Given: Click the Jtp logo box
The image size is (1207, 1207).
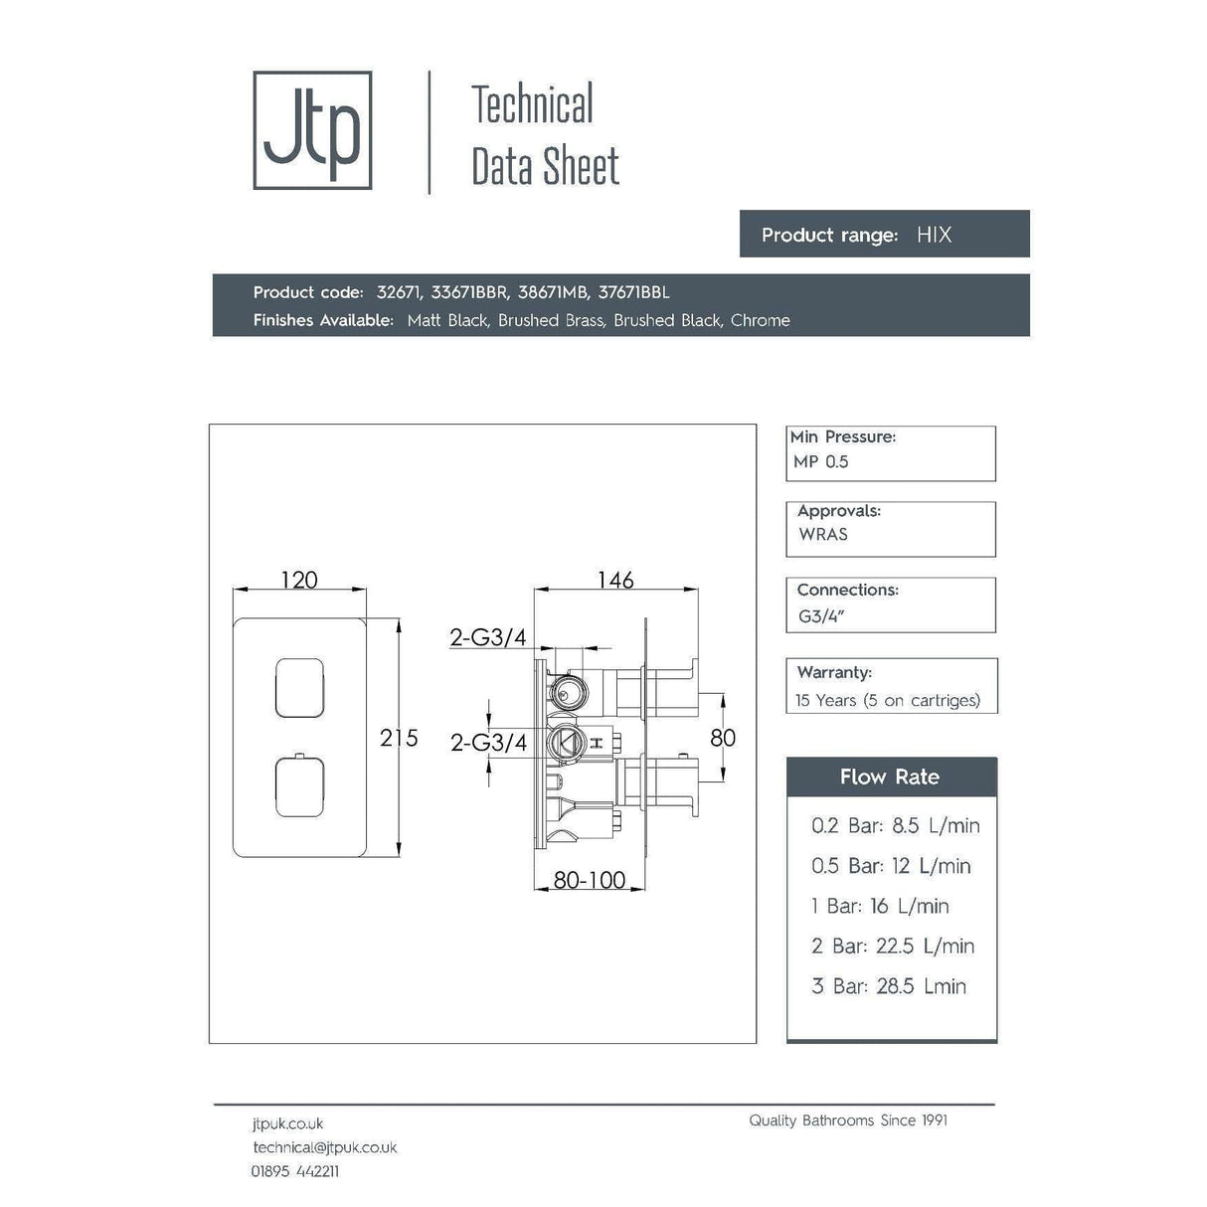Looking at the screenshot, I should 312,130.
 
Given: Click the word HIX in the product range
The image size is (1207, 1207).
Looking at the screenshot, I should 934,235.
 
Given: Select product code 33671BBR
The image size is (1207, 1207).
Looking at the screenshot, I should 470,292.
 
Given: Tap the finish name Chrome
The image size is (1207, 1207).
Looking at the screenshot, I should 760,320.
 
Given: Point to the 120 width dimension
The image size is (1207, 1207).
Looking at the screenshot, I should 299,580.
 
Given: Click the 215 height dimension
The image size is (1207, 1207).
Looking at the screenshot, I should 399,738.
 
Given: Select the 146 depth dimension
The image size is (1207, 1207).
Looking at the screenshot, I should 615,580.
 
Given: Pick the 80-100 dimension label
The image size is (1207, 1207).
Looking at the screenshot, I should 589,880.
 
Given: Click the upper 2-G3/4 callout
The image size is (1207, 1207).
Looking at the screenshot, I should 488,637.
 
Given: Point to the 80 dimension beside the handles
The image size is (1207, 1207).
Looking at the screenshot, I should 723,738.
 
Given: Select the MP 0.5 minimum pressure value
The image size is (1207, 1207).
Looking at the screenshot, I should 821,461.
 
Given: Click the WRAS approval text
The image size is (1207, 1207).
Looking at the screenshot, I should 823,534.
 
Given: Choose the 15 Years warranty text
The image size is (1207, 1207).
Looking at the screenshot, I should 887,700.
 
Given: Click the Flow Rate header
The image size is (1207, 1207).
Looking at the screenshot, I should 890,776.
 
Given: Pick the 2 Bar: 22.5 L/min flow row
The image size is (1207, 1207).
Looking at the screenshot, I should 893,946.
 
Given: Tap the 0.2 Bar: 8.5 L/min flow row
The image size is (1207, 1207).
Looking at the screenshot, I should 895,825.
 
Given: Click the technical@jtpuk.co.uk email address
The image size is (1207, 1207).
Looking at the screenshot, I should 324,1147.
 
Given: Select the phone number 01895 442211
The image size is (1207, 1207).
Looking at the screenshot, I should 294,1171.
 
